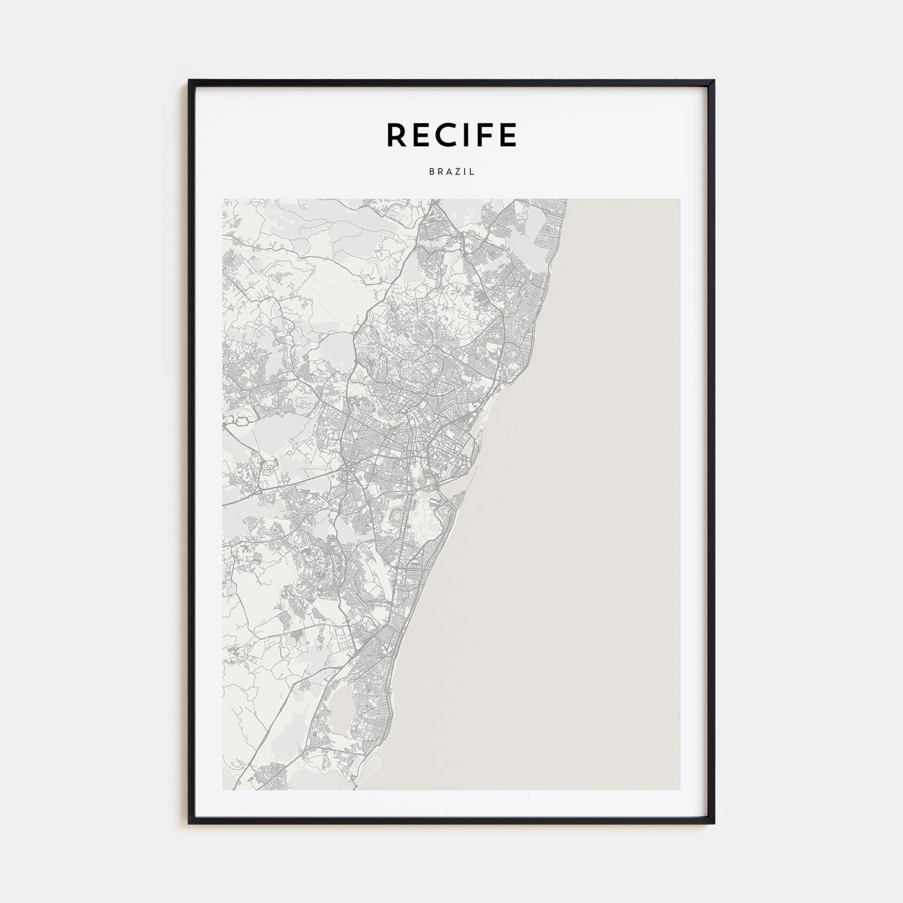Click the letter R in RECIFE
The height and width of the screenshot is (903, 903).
396,135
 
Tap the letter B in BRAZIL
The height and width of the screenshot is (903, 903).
430,172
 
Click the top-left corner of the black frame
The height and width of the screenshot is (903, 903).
190,81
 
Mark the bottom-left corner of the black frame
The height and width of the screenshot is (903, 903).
190,823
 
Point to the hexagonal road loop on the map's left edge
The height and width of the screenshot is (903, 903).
243,420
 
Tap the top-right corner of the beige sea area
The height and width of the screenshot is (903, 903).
679,199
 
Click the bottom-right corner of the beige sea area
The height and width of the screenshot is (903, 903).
679,789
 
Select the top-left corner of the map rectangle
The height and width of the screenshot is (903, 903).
223,199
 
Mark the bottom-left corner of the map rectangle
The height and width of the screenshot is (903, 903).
223,789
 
